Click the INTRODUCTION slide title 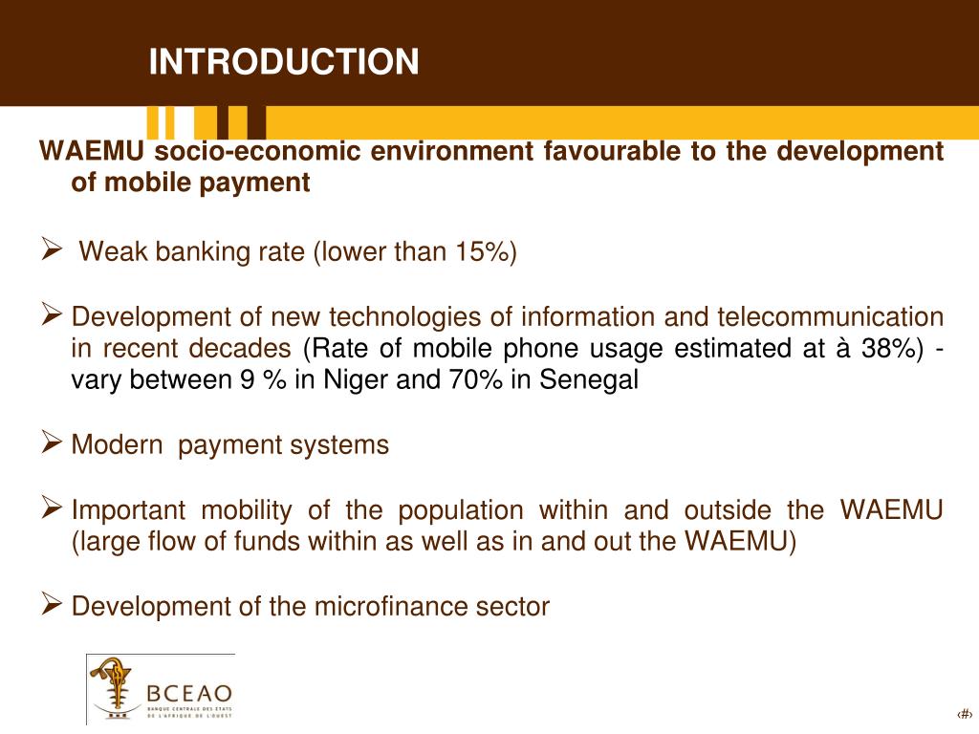tap(284, 61)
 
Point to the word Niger tap(351, 380)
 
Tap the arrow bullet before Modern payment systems tap(53, 443)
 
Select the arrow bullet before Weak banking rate tap(53, 250)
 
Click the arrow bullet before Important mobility tap(53, 507)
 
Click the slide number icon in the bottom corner tap(964, 714)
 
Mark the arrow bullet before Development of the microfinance tap(53, 603)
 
